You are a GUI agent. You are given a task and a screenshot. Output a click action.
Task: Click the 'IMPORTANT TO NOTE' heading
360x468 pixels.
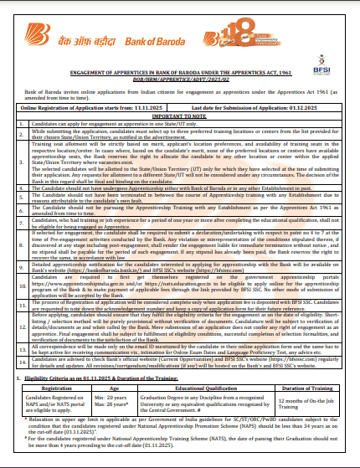(179, 115)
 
